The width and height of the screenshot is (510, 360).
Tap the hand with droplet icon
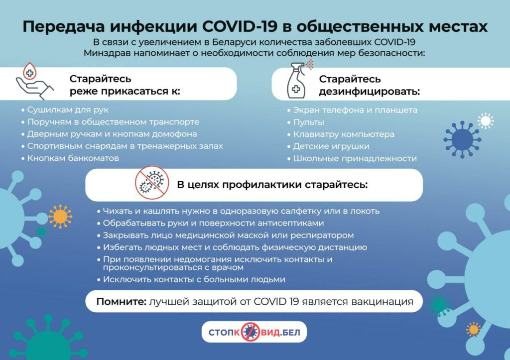[34, 81]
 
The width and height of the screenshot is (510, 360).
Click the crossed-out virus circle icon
[152, 183]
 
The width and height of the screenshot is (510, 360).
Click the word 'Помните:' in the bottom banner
[122, 302]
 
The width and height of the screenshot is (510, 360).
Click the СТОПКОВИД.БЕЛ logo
[254, 332]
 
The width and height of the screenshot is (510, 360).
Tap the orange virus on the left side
[60, 216]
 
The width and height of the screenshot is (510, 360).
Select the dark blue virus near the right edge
[462, 139]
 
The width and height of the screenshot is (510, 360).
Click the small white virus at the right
[486, 121]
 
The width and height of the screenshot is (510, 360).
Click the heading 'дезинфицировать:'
[370, 92]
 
